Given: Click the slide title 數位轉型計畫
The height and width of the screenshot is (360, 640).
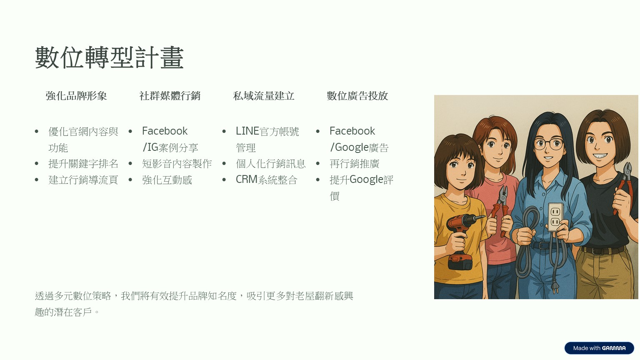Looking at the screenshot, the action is coord(109,58).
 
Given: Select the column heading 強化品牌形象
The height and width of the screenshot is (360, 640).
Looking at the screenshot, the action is coord(76,96).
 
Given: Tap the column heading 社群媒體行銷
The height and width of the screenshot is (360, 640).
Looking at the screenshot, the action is coord(170,96).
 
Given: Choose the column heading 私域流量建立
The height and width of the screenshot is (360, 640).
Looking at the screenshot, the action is coord(264,96).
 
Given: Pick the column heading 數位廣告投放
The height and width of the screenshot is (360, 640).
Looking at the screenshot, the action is coord(357,96).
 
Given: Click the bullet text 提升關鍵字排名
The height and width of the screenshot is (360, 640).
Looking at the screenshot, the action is coord(83,164).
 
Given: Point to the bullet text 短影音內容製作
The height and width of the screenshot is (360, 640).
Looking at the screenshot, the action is coord(177,164).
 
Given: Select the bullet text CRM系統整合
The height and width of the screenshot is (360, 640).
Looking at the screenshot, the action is coord(267,180).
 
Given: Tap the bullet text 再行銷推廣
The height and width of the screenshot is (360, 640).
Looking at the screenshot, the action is coord(355,164).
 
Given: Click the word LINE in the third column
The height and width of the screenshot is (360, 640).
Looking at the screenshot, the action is coord(247,131).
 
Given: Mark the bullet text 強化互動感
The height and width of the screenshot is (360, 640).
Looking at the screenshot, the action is coord(167,180).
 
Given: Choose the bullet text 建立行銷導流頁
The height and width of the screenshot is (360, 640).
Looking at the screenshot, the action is coord(83,180).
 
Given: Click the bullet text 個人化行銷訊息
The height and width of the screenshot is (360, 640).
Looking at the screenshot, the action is coord(270,164).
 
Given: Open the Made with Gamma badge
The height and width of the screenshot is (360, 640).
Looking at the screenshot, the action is coord(599,348).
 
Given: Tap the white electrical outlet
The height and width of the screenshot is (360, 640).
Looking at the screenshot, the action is coord(555,217).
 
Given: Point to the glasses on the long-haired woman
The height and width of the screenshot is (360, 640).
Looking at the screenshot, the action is coord(549,143).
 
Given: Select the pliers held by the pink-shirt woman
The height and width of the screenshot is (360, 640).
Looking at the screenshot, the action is coord(500,210).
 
